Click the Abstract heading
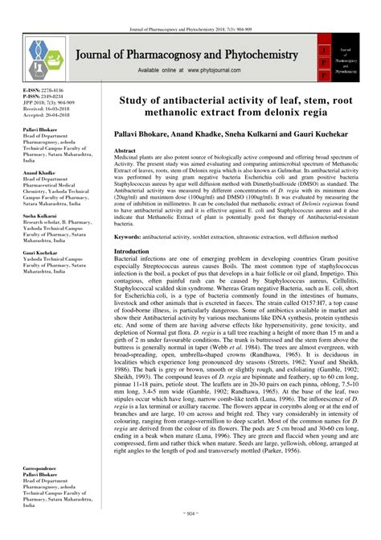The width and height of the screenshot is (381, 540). pos(125,150)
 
